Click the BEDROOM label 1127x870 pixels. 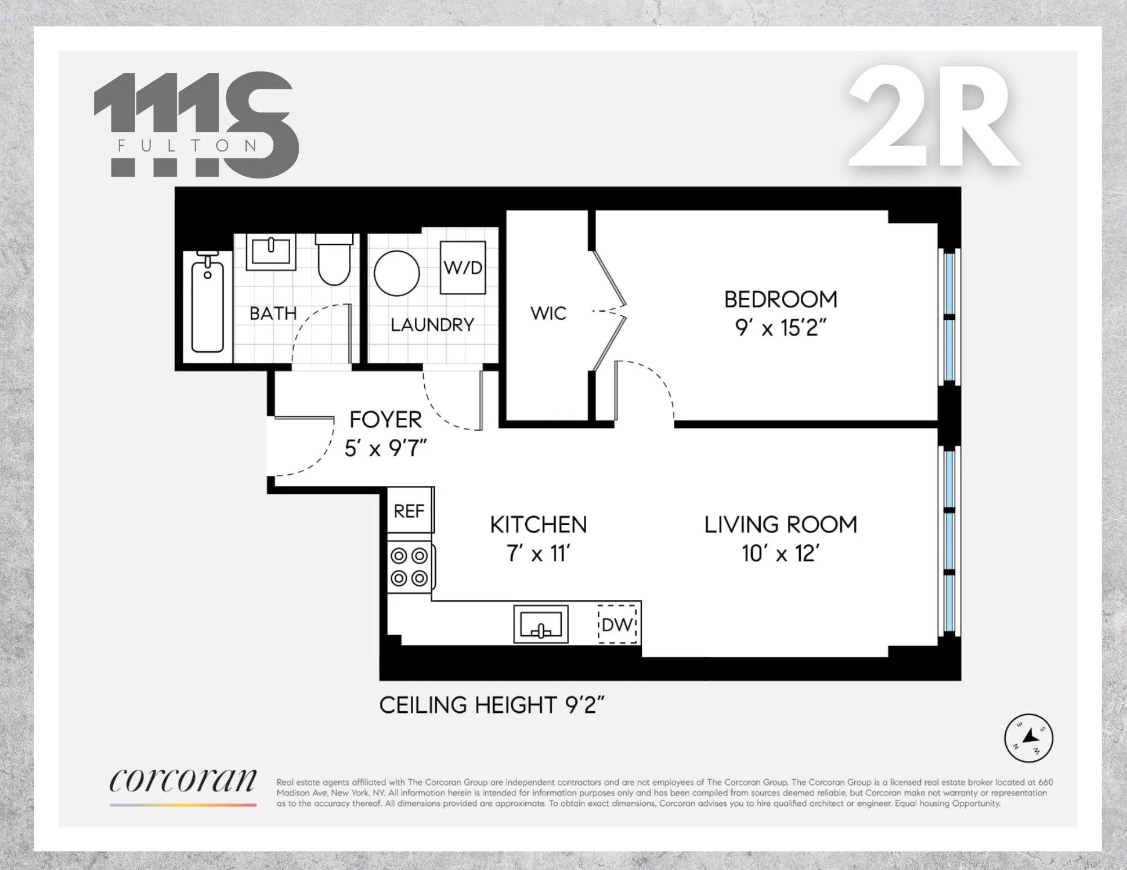780,300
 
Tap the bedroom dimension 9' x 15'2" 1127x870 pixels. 780,328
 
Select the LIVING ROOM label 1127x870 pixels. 780,525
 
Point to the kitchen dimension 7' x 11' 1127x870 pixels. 539,554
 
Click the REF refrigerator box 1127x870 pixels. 409,511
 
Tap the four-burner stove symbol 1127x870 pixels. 410,566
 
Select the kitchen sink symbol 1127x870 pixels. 540,624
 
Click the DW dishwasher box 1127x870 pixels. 617,624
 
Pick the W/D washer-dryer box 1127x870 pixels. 463,267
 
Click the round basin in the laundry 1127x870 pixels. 397,273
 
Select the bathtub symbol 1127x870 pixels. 207,304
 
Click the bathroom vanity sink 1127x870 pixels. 270,252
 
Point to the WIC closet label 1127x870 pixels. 548,314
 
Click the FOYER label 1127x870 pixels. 385,420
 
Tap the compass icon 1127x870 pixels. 1028,738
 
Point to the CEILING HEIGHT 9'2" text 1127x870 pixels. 491,705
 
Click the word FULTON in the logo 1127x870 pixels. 188,146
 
